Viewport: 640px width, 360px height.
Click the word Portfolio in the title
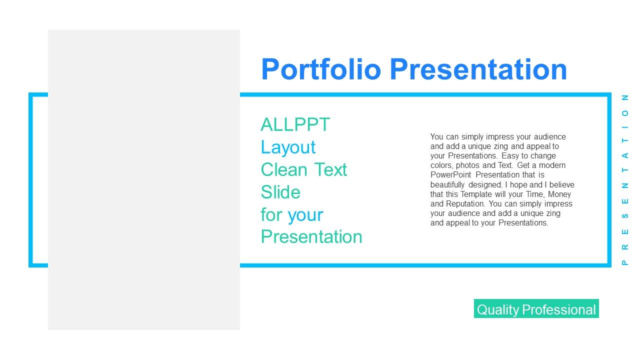[321, 69]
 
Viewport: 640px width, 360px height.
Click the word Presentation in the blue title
[478, 69]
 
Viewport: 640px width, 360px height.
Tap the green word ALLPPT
[295, 124]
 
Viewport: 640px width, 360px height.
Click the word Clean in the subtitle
[284, 169]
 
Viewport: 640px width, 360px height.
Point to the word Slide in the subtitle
[280, 191]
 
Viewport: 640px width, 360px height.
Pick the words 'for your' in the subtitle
[291, 215]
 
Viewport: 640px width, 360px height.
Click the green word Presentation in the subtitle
[311, 236]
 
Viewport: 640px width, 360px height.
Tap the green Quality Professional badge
[536, 308]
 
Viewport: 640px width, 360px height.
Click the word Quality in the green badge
[498, 310]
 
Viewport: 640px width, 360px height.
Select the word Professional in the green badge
[559, 309]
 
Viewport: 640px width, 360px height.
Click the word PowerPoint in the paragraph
[450, 175]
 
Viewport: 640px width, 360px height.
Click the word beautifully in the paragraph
[447, 185]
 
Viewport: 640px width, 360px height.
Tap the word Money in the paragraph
[559, 194]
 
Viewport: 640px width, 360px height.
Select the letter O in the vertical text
[625, 113]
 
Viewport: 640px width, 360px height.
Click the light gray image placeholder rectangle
[144, 180]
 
